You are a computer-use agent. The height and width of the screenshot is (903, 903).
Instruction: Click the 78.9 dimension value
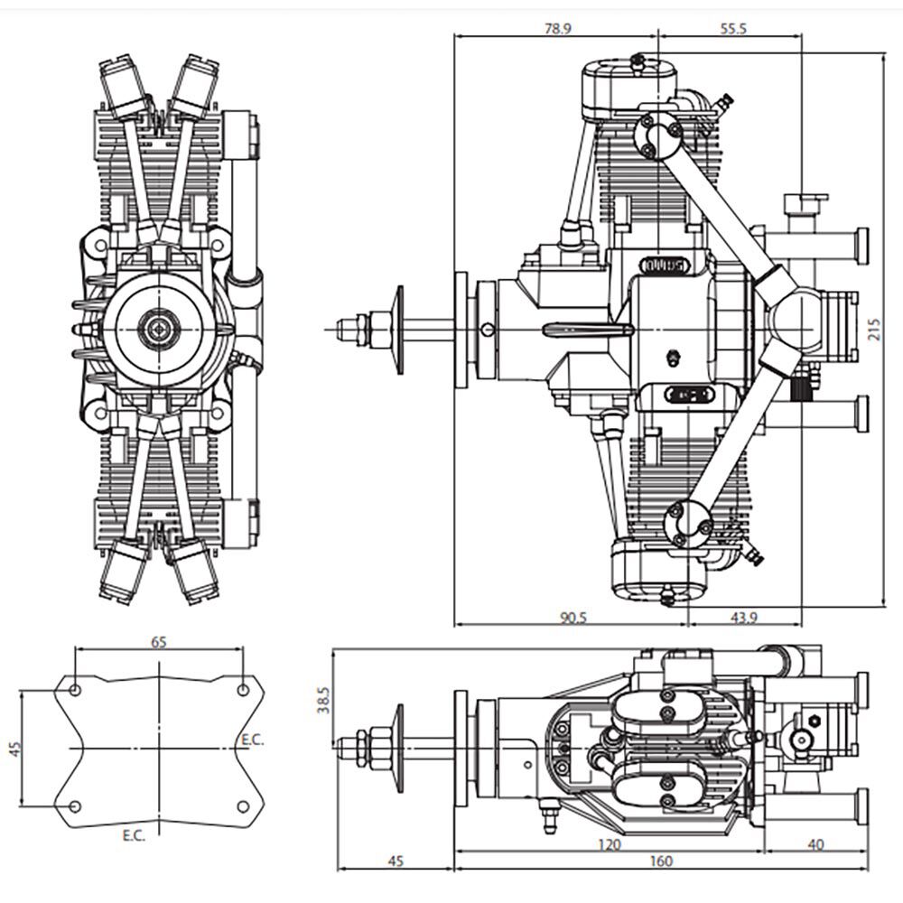click(x=556, y=28)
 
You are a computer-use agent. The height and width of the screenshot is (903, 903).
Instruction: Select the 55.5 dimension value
click(x=733, y=28)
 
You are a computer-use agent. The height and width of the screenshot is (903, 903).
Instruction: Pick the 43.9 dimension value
click(x=744, y=618)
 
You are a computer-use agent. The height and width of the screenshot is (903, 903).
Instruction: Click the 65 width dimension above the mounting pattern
click(x=159, y=642)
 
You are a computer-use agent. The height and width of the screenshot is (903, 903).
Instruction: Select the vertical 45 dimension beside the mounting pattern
click(x=14, y=749)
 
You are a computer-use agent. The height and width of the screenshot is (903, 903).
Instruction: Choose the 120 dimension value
click(x=610, y=845)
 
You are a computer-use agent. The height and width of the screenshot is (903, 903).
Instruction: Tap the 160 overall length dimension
click(x=660, y=861)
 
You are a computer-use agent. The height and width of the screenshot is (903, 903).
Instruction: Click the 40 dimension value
click(x=816, y=845)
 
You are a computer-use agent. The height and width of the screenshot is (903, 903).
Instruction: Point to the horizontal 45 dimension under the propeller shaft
click(x=395, y=861)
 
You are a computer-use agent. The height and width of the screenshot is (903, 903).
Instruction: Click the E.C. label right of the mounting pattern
click(x=252, y=740)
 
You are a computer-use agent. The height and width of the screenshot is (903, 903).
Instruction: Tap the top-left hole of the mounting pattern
click(x=76, y=690)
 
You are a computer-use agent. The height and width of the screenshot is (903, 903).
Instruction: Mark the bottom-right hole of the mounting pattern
click(x=243, y=805)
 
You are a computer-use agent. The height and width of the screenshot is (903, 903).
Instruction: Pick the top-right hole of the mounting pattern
click(x=243, y=690)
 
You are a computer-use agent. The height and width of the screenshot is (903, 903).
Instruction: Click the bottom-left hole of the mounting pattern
click(x=76, y=805)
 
